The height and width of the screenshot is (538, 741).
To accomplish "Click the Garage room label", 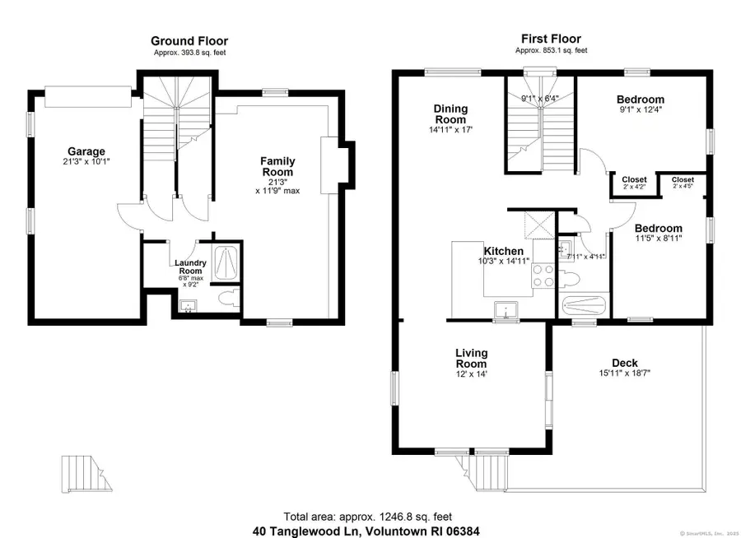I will tap(86, 151).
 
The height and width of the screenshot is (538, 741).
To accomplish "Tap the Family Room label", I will tap(277, 167).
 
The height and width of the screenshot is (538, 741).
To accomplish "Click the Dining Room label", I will tap(451, 114).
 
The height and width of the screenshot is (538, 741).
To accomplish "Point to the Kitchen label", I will tap(503, 251).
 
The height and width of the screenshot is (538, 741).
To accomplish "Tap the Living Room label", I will tap(472, 359).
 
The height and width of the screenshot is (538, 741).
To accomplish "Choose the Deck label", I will tap(624, 363).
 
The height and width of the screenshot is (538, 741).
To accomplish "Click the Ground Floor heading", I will tap(189, 40).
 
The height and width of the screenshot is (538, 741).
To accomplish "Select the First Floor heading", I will tap(551, 39).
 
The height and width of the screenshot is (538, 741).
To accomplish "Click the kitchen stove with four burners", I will tap(543, 275).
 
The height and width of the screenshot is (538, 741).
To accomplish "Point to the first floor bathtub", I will tap(585, 306).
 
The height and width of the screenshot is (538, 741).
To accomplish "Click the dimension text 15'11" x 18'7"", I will tap(624, 373).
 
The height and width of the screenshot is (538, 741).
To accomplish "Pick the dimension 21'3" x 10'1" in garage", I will tap(86, 162).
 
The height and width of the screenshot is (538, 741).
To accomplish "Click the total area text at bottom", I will tap(367, 517).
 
